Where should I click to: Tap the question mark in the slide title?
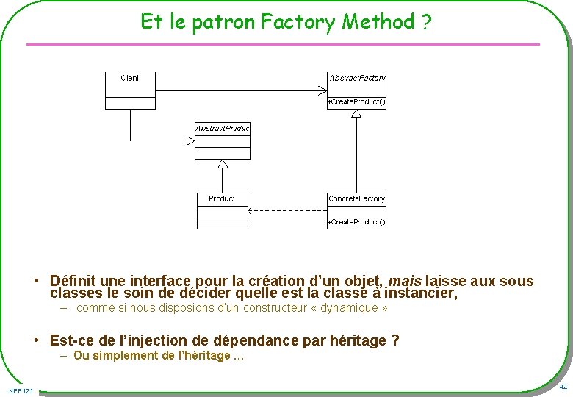(426, 23)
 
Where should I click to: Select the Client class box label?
(130, 78)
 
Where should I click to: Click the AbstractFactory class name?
(357, 78)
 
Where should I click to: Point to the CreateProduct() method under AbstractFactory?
(357, 102)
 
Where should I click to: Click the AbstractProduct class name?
(223, 128)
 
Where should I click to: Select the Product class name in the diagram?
(222, 199)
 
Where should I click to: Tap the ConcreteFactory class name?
(356, 199)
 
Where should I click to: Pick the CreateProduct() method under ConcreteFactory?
(357, 222)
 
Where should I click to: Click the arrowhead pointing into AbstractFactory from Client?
(322, 91)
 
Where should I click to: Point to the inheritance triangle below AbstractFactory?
(356, 113)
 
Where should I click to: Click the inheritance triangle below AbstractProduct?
(223, 164)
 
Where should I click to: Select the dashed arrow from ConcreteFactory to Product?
(287, 210)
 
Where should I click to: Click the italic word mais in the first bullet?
(404, 281)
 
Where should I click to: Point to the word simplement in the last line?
(124, 356)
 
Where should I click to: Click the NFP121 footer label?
(21, 390)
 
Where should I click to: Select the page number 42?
(563, 387)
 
